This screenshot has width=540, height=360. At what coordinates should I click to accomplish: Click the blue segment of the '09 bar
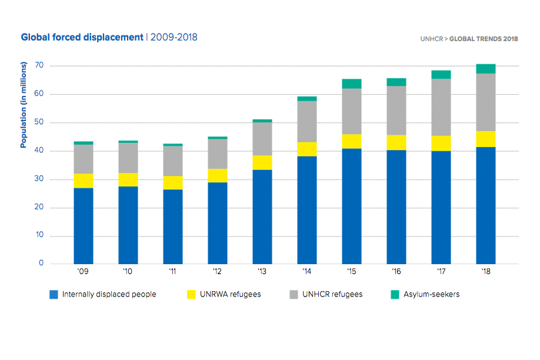(83, 226)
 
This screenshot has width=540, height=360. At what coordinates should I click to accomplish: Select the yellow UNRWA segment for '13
(262, 162)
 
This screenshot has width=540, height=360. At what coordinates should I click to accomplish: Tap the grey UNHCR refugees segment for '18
(485, 102)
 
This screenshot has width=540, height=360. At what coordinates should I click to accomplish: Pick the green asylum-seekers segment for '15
(351, 84)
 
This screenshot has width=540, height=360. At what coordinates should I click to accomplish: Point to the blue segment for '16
(396, 207)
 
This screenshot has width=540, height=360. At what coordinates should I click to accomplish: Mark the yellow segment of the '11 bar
(172, 183)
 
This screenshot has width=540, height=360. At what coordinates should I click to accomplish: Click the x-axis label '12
(217, 272)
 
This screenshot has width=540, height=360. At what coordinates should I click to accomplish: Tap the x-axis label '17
(441, 272)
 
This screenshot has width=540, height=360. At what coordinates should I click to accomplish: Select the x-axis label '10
(128, 272)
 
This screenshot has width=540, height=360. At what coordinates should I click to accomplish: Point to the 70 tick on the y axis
(39, 65)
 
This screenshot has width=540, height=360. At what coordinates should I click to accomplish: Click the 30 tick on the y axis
(39, 179)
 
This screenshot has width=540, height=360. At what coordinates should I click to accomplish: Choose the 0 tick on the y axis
(42, 264)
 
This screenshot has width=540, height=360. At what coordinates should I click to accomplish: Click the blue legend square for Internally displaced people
(54, 294)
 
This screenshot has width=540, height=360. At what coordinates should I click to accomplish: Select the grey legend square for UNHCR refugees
(292, 294)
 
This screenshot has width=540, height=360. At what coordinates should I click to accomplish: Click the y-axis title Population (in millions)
(24, 106)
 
